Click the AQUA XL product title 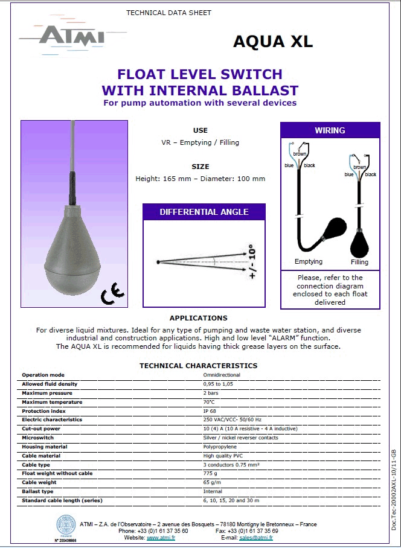pos(272,41)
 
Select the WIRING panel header pos(330,130)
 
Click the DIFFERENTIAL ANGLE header pos(204,212)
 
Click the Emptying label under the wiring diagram pos(308,261)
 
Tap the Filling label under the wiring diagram pos(359,263)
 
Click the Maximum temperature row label pos(52,402)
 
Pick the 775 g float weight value pos(210,473)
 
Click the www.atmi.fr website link pos(161,537)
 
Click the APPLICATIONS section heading pos(198,318)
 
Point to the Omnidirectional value pos(223,375)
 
